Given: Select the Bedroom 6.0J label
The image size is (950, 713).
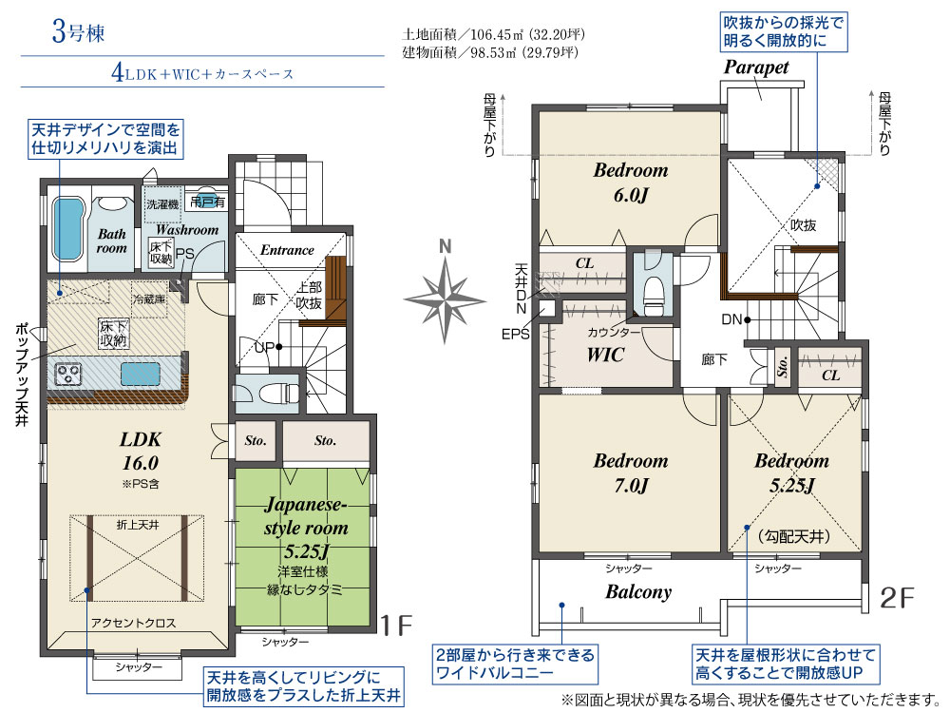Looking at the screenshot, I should pyautogui.click(x=631, y=183).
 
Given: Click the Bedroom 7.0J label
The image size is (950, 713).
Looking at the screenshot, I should pyautogui.click(x=631, y=472).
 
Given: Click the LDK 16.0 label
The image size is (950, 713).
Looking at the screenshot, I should pyautogui.click(x=140, y=451).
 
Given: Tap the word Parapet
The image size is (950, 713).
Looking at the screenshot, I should pyautogui.click(x=756, y=68).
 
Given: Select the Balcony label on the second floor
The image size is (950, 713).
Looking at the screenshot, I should pyautogui.click(x=638, y=591).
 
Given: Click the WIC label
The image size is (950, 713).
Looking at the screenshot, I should pyautogui.click(x=605, y=355).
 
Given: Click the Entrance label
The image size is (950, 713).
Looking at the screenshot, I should pyautogui.click(x=287, y=250).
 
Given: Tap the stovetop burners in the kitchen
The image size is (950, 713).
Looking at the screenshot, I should pyautogui.click(x=69, y=373).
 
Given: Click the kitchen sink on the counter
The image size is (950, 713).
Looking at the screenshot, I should pyautogui.click(x=138, y=372).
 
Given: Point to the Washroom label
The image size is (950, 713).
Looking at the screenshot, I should pyautogui.click(x=187, y=230).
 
